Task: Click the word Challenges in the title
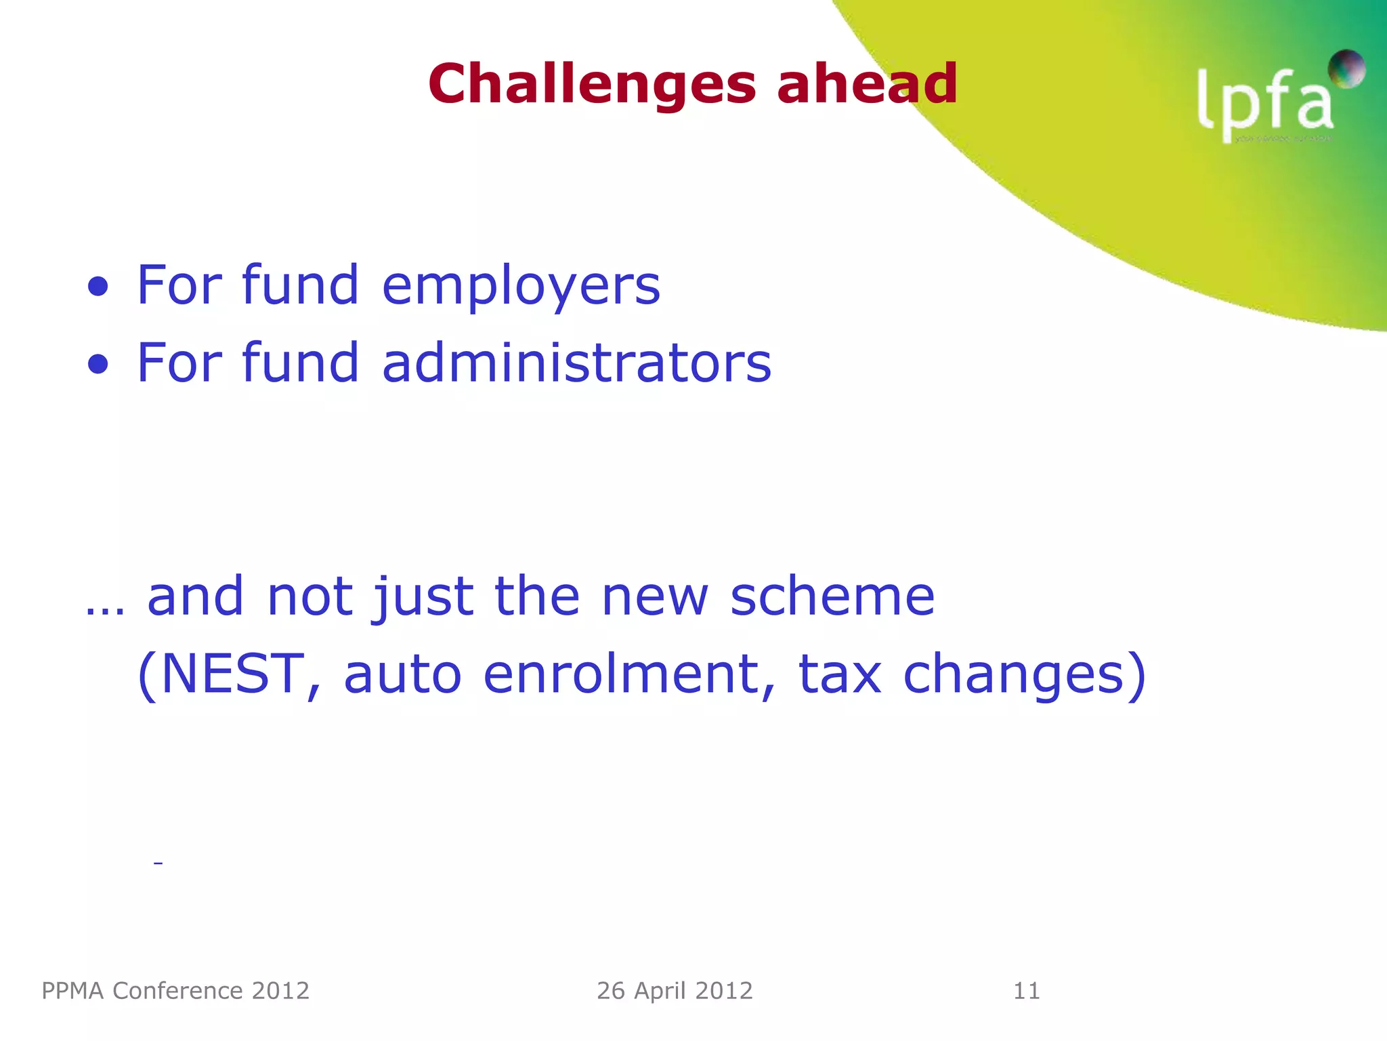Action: point(591,85)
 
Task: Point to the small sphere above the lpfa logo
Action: point(1346,68)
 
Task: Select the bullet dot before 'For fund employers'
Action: point(98,287)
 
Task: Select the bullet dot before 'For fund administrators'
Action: point(98,365)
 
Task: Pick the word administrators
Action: point(576,363)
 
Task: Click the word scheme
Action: point(832,596)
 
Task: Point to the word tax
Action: point(840,674)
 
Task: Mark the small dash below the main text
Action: point(158,863)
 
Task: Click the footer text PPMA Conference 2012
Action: point(175,991)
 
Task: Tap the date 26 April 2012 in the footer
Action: point(675,991)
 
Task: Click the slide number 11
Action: point(1026,991)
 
